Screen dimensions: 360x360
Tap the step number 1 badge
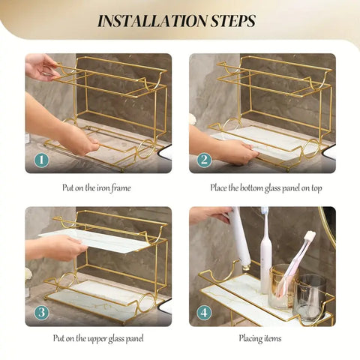(x=42, y=159)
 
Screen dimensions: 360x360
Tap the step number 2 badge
(x=205, y=159)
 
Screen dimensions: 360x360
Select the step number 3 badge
(x=42, y=312)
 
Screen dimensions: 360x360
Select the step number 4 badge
(x=205, y=312)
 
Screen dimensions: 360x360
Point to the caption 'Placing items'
(x=260, y=339)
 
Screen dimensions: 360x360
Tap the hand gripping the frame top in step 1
(x=39, y=67)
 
